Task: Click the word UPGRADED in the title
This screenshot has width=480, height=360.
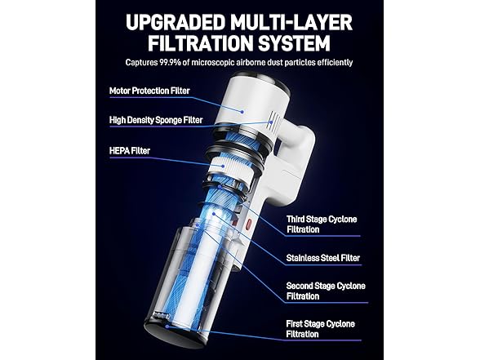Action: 169,21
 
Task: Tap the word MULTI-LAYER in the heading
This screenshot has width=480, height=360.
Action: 292,21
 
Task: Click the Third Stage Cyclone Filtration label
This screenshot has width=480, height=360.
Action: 320,224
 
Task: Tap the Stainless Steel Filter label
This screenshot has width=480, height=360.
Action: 323,258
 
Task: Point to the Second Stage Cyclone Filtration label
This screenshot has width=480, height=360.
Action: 325,291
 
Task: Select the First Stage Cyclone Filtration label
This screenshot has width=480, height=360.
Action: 321,327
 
